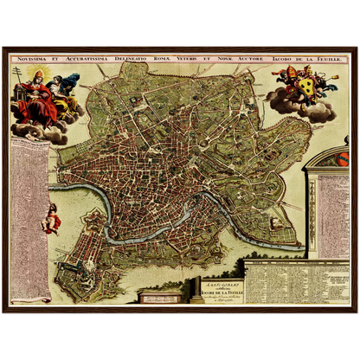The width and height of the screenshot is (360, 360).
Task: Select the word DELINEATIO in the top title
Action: (132, 60)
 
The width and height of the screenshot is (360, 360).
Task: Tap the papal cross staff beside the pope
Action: (16, 87)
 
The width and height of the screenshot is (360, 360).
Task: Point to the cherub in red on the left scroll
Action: (52, 213)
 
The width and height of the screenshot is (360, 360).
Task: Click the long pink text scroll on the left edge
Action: (29, 216)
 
